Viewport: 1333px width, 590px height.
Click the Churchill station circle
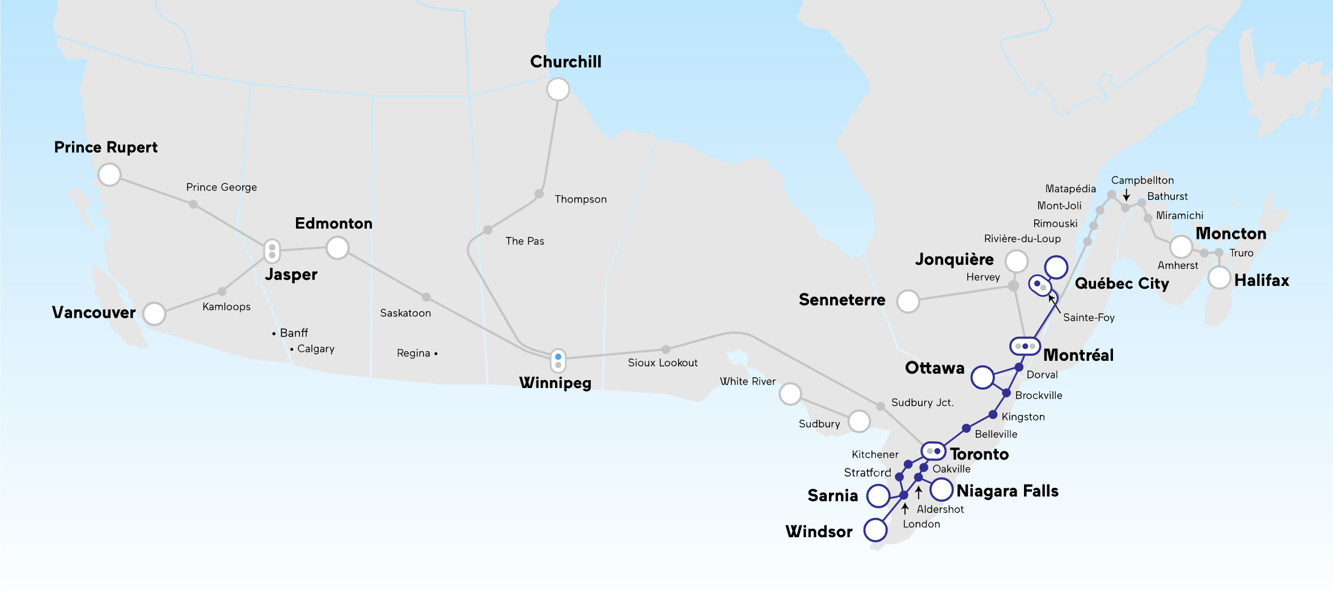click(558, 89)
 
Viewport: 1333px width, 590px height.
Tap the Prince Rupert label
click(105, 147)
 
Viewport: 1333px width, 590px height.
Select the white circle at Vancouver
click(154, 313)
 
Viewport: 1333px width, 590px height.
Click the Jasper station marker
click(272, 251)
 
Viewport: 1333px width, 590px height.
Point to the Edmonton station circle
click(337, 248)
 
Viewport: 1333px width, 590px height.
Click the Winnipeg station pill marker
click(558, 360)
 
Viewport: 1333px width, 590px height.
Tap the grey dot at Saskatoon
click(426, 297)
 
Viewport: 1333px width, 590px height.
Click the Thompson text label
click(580, 199)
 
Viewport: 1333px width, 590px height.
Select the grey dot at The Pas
click(488, 230)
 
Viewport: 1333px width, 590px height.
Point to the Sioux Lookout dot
click(666, 349)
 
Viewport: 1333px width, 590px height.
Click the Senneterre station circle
click(908, 301)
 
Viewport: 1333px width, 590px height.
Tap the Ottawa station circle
click(982, 377)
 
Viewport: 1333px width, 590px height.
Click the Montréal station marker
click(1025, 346)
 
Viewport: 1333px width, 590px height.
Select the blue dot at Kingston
click(993, 415)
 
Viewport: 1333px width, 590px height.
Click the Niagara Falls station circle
click(941, 489)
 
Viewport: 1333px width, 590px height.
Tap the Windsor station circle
click(875, 530)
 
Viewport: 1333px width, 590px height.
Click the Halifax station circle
click(1219, 278)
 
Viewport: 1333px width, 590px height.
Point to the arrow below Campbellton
click(1126, 194)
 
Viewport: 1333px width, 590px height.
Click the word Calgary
click(316, 348)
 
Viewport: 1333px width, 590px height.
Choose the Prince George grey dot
click(193, 204)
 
